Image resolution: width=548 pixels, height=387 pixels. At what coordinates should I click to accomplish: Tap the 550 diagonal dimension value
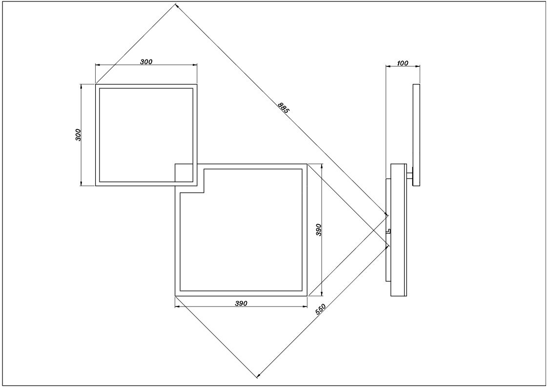321,310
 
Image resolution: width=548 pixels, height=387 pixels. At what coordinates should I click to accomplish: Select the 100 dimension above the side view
403,63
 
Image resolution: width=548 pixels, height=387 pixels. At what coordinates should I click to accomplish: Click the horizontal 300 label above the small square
146,62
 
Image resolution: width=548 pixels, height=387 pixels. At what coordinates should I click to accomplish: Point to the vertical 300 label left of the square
78,135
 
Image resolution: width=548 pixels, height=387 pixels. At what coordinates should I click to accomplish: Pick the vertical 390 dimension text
318,230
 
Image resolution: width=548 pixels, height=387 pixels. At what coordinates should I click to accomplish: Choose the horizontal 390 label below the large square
241,304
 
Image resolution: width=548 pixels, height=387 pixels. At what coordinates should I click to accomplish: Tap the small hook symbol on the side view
388,231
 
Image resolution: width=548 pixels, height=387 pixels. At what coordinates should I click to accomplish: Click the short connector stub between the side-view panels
409,174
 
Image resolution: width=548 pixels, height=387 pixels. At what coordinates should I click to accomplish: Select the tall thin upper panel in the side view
416,135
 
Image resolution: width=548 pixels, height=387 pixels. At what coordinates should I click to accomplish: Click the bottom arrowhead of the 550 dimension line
258,376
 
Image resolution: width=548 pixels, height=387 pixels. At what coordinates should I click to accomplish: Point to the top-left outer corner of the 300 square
96,84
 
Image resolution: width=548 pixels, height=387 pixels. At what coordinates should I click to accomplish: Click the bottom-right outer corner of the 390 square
307,296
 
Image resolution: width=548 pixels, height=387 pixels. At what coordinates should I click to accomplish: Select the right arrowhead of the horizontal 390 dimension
305,306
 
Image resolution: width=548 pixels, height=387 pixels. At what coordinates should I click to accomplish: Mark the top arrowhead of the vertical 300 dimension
81,86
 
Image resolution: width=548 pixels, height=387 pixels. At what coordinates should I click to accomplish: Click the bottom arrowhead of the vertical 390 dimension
322,294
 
